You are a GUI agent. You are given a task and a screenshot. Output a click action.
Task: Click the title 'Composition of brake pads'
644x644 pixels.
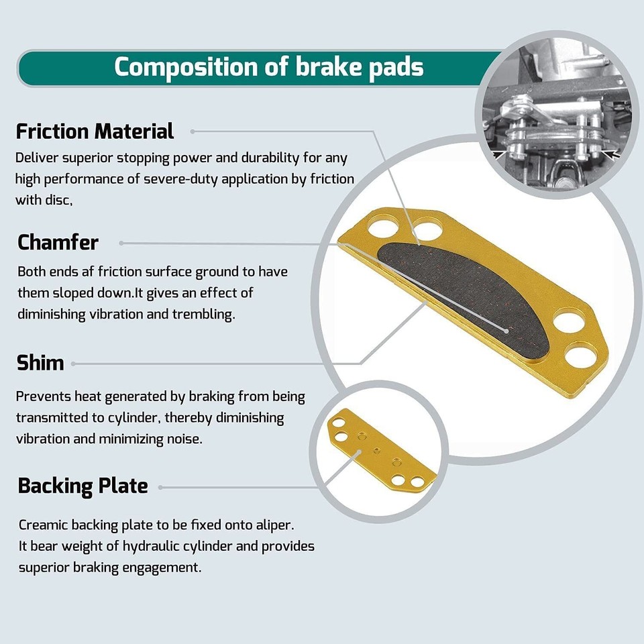[x=268, y=68]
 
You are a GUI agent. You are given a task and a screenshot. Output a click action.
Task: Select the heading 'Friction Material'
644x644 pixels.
[x=95, y=131]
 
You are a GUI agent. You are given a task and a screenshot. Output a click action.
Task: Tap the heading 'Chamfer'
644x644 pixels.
[x=58, y=242]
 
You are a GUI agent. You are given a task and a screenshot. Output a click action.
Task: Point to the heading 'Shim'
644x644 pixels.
[x=40, y=363]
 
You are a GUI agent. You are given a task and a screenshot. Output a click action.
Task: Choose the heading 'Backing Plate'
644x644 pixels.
[x=83, y=486]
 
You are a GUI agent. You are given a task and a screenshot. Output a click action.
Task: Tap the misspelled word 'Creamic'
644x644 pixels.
[x=42, y=525]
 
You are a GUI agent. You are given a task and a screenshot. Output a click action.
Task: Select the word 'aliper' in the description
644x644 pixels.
[x=274, y=525]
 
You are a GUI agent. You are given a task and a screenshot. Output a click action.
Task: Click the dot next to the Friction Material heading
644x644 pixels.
[x=192, y=131]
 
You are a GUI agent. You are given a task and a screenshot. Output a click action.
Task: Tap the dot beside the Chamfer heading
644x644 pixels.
[x=121, y=243]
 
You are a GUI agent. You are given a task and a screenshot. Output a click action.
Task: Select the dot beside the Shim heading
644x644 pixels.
[x=73, y=364]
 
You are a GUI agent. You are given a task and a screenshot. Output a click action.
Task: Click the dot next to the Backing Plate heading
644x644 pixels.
[x=161, y=487]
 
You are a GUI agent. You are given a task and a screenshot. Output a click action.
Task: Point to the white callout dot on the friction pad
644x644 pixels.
[x=506, y=329]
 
